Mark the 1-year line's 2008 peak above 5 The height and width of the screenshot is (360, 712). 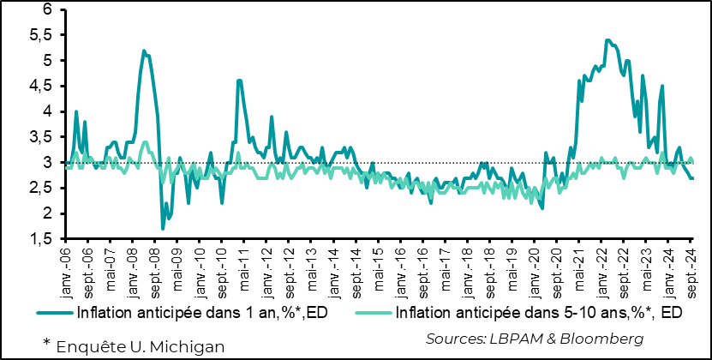pyautogui.click(x=143, y=51)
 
